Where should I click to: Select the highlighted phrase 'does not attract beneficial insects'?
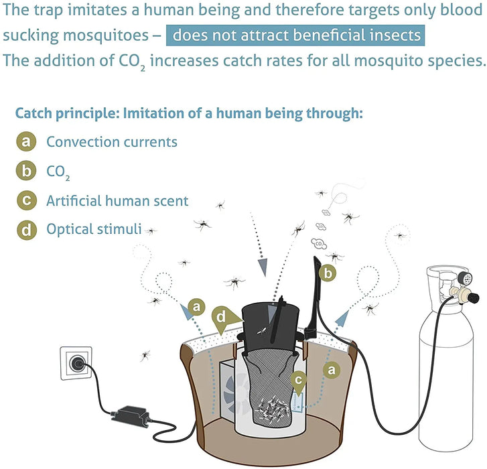coord(295,36)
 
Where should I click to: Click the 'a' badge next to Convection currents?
coord(25,142)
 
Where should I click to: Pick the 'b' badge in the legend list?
coord(25,172)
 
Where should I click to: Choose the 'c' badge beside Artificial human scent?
coord(25,200)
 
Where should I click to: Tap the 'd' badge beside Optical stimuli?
coord(25,230)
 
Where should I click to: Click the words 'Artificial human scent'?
coord(117,200)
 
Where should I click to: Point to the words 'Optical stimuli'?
coord(94,229)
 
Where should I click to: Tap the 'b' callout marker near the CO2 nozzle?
coord(328,273)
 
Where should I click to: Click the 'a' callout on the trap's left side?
coord(196,306)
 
